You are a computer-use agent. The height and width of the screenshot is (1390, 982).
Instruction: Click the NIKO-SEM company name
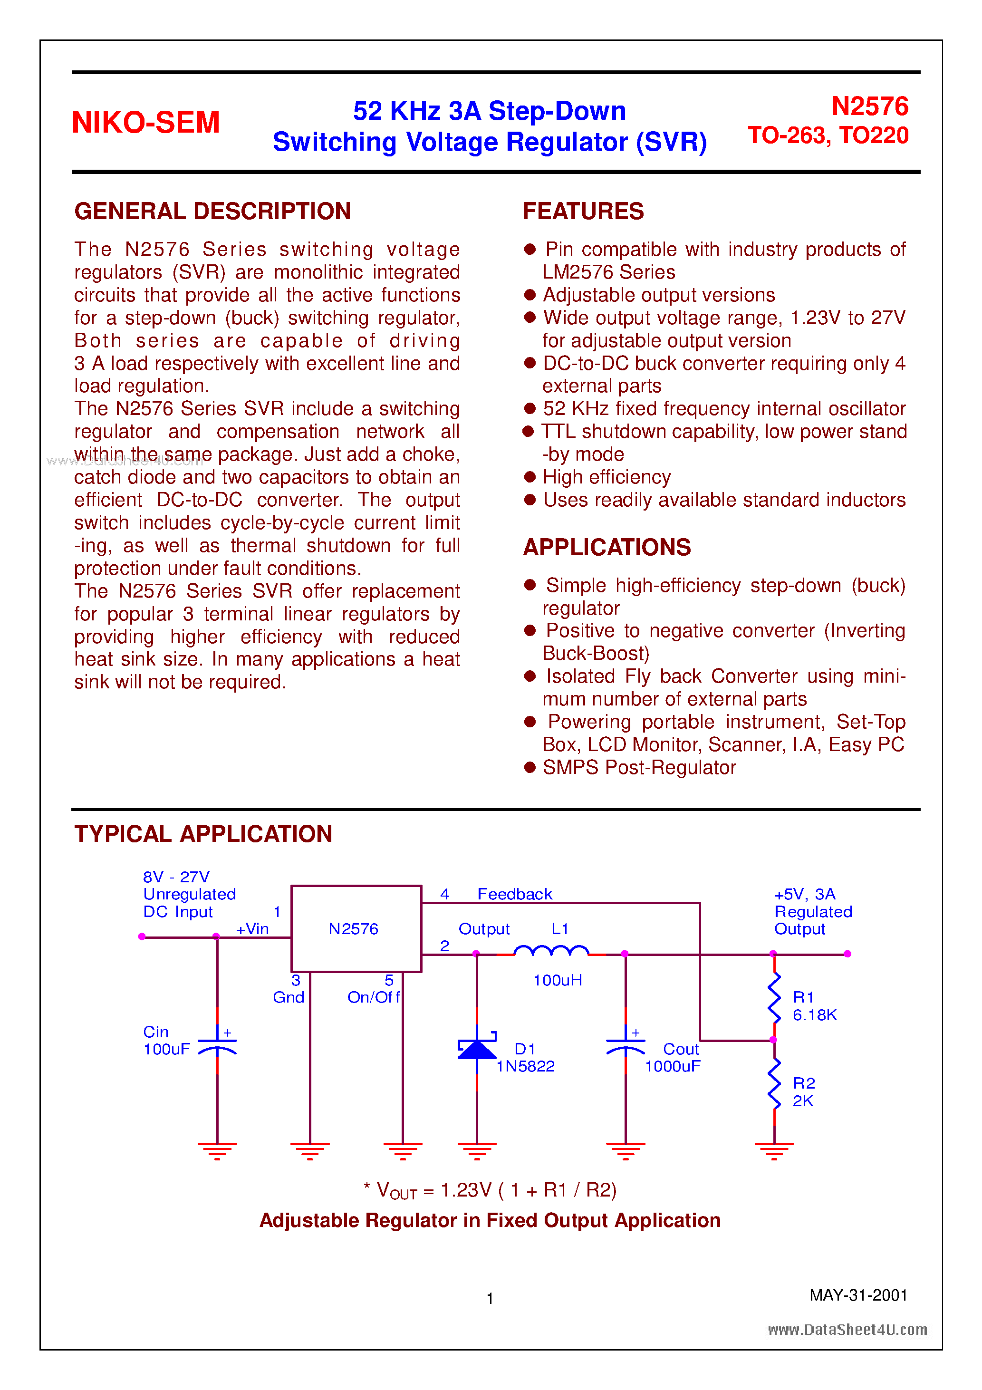(145, 122)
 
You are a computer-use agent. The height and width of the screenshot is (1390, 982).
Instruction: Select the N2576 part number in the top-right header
(869, 106)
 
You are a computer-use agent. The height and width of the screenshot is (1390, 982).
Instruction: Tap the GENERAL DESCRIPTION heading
(212, 211)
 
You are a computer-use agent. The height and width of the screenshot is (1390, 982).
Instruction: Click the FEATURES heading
(583, 211)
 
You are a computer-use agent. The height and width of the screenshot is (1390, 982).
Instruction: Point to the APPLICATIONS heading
(607, 547)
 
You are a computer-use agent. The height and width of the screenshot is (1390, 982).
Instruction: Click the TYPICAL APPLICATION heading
(203, 834)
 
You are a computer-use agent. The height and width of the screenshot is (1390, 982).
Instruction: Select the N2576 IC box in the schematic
(356, 929)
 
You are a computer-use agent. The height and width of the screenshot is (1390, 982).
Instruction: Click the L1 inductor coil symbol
(551, 952)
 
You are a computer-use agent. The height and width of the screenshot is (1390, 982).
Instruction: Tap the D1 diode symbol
(477, 1049)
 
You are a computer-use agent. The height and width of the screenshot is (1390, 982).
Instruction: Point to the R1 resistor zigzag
(774, 997)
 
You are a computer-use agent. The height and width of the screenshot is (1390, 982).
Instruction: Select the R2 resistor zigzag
(774, 1084)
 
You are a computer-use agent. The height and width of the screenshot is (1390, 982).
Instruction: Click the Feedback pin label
(515, 894)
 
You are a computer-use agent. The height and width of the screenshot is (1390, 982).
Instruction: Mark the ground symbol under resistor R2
(774, 1149)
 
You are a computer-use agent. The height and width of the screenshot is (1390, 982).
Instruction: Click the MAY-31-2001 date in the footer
(858, 1295)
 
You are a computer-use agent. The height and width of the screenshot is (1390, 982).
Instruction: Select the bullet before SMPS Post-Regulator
(530, 768)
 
